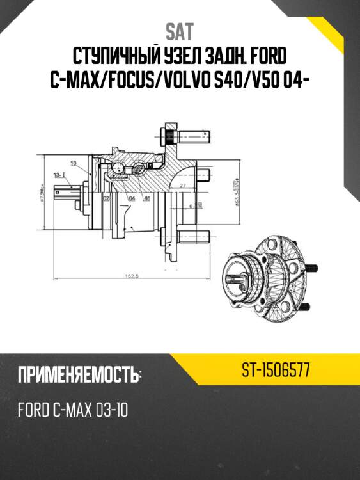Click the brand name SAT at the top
[x=180, y=31]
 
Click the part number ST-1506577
[x=276, y=370]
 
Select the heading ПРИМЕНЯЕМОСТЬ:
[x=80, y=375]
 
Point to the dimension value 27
[x=183, y=186]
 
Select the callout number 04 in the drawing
[x=132, y=198]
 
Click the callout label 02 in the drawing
[x=106, y=198]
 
